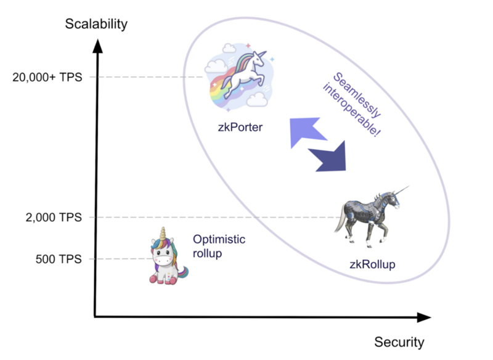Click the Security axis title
click(x=399, y=342)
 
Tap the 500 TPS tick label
click(x=59, y=258)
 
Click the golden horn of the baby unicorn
click(x=165, y=234)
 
